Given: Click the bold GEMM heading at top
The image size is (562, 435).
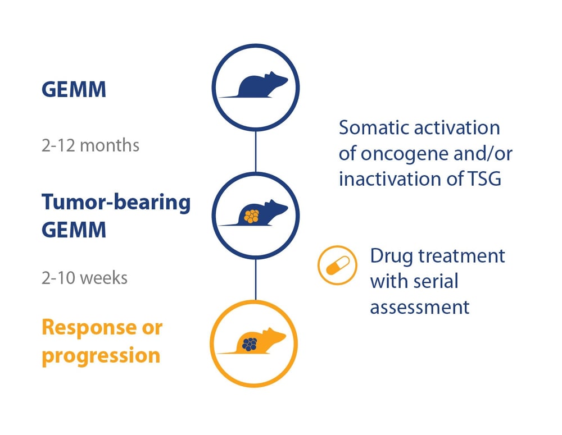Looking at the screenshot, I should tap(74, 89).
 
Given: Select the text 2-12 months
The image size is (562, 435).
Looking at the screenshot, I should tap(90, 145).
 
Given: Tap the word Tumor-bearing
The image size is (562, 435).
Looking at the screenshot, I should tap(116, 203).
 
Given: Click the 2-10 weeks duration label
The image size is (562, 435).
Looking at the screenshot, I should tap(84, 278).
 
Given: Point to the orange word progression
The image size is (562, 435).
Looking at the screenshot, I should tap(101, 355).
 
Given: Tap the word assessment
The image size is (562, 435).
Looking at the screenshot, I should tap(419, 307).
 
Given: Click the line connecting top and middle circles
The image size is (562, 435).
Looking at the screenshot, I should tap(256, 150).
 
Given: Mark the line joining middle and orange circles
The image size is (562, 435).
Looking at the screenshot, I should tap(256, 279).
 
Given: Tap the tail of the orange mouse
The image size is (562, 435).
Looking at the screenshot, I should tap(225, 353).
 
